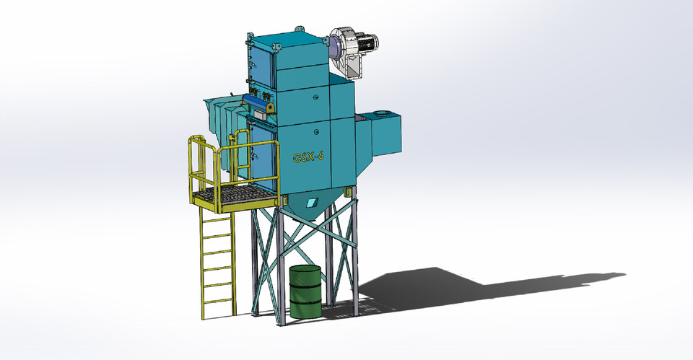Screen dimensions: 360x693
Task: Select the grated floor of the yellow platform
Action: [239, 195]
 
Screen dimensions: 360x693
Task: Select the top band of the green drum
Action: [305, 268]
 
